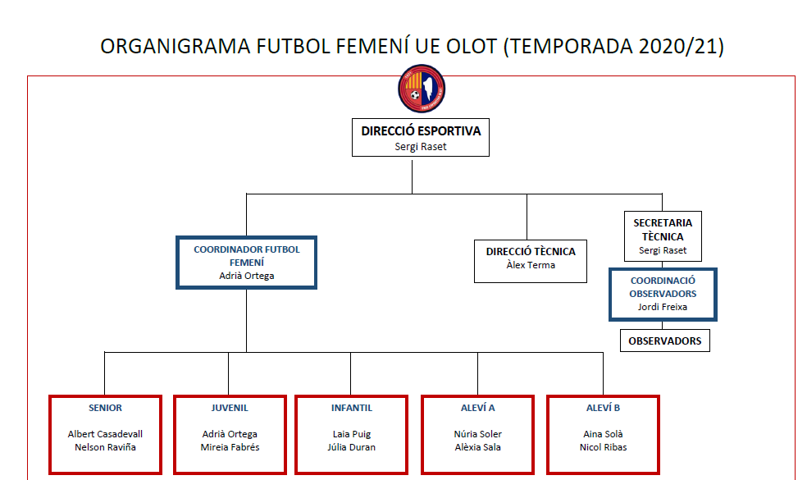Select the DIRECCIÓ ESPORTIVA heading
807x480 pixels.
pos(421,130)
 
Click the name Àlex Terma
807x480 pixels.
pos(531,265)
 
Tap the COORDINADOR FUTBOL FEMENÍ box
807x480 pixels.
pos(247,263)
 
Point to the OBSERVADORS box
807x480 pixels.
pos(664,341)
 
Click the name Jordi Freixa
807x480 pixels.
pos(663,307)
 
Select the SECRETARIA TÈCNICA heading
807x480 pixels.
pos(663,229)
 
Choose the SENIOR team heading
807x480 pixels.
pos(105,408)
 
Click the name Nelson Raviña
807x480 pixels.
pos(105,447)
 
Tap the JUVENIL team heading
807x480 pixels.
pos(230,408)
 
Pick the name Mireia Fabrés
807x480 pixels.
pos(230,447)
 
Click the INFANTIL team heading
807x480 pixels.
pos(352,408)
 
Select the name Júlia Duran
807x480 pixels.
pos(352,447)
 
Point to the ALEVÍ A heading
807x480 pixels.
pos(477,408)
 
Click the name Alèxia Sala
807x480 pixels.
pos(477,447)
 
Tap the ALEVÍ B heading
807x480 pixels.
pos(603,408)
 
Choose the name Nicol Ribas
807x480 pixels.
pos(603,447)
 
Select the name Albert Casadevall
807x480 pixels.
pos(105,434)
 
